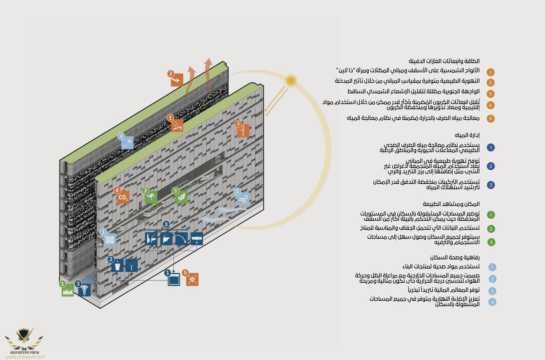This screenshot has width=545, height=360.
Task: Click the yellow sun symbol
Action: tap(290, 81)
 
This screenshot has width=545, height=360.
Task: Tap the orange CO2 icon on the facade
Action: tap(123, 197)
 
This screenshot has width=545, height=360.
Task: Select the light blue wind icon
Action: tap(243, 199)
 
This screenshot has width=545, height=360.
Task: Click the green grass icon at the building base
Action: tap(68, 290)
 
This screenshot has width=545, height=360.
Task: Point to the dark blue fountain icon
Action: tap(84, 290)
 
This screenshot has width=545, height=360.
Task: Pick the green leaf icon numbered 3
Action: tap(181, 197)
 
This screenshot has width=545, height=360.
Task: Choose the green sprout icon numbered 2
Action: tap(151, 197)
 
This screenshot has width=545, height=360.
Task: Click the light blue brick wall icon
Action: tap(110, 239)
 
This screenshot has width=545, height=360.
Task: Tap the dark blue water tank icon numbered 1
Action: tap(174, 279)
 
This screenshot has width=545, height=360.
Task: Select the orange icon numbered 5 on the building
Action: tap(192, 279)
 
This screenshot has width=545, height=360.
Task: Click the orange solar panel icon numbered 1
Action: tap(177, 125)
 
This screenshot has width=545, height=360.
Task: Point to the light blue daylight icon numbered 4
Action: tap(127, 143)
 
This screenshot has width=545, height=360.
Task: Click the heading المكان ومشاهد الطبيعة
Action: tap(451, 204)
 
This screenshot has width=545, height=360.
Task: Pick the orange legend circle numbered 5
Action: tap(490, 118)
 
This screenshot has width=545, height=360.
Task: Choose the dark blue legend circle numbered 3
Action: tap(491, 185)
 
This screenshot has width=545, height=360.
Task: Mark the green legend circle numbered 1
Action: tap(491, 215)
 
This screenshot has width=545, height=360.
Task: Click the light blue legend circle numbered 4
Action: tap(492, 302)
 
